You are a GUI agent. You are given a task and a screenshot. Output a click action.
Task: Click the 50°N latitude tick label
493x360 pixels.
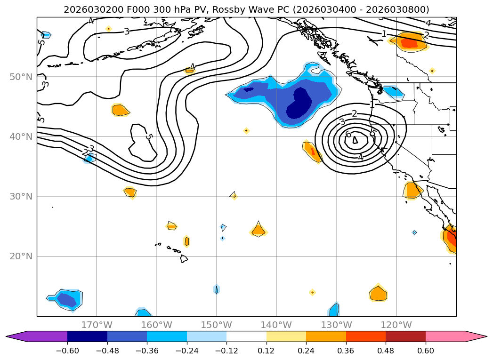click(21, 77)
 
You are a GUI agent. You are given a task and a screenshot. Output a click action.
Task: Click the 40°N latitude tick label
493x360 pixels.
click(21, 137)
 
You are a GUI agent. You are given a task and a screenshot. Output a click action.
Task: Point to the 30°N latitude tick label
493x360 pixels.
click(21, 197)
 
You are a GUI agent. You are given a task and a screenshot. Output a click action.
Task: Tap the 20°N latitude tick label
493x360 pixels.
click(21, 256)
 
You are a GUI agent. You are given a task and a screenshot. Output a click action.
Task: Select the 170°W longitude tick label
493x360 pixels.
click(97, 325)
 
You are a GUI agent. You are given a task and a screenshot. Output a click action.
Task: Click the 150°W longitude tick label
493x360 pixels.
click(217, 325)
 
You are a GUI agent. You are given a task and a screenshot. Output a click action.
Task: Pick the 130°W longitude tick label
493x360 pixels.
click(336, 325)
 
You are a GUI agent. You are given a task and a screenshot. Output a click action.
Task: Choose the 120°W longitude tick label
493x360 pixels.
click(396, 325)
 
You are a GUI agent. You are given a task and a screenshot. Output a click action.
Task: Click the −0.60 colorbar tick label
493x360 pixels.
click(67, 350)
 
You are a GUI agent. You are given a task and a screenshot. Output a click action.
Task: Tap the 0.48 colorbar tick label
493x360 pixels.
click(386, 350)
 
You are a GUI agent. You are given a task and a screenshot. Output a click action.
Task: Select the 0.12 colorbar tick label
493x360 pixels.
click(266, 350)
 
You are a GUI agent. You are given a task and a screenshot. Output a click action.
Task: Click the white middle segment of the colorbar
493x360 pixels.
click(246, 336)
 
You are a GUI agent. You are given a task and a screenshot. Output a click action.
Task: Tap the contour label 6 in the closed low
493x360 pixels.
click(348, 135)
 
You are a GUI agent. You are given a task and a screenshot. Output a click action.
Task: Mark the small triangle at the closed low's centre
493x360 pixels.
click(355, 140)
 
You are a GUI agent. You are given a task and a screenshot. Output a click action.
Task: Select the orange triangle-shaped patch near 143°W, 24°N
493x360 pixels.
click(258, 230)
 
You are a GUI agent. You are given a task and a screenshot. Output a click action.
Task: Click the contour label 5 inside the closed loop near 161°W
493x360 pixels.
click(149, 137)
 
